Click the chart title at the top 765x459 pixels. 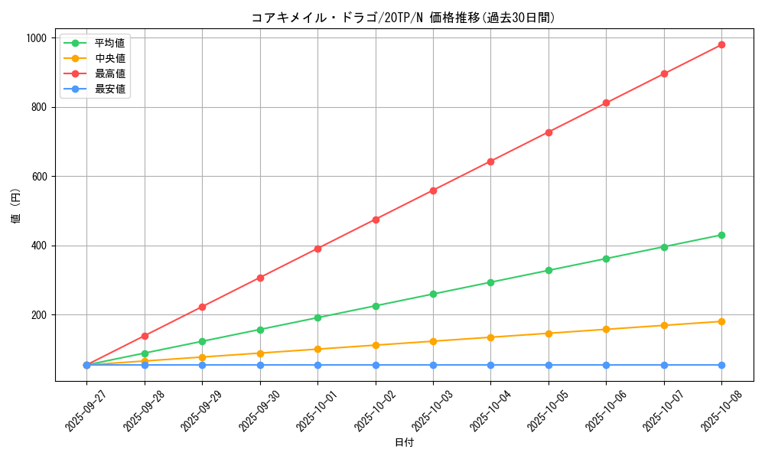[x=403, y=18]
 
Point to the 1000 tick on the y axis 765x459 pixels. [x=36, y=38]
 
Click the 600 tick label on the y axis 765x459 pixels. [x=39, y=177]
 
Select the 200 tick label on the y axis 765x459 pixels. [x=39, y=315]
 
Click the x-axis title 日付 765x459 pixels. [x=404, y=443]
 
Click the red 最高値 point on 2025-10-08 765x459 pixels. [x=721, y=45]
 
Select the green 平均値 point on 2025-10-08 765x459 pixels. [x=721, y=235]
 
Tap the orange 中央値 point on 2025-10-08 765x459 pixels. [x=721, y=321]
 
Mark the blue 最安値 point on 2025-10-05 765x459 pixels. [x=549, y=365]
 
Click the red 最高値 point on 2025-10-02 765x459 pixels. [x=376, y=220]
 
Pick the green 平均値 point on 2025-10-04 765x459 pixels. [x=490, y=282]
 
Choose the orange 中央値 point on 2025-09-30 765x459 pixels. [x=260, y=353]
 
